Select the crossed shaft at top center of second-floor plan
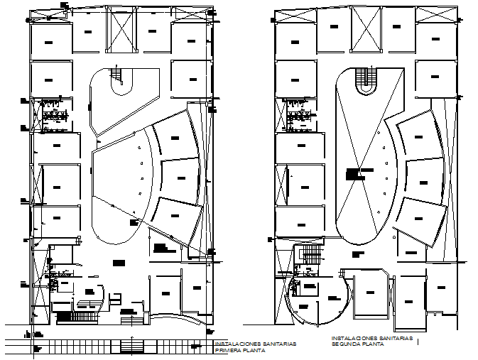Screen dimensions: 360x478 (x=366, y=31)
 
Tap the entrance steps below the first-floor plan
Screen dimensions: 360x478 (x=133, y=346)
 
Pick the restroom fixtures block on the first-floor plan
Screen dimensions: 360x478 (x=52, y=115)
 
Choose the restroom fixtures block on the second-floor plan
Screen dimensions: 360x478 (x=298, y=116)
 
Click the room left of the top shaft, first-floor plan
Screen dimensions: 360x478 (x=87, y=33)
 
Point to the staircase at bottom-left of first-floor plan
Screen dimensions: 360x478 (x=67, y=317)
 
